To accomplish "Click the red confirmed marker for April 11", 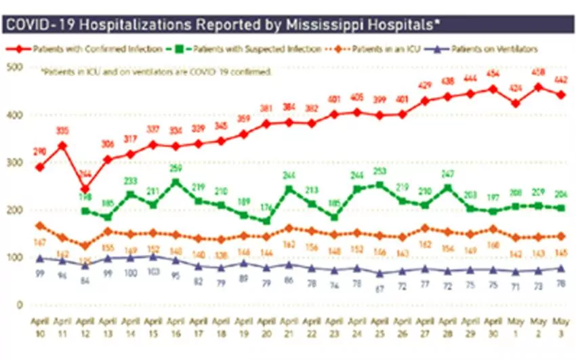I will coord(62,145).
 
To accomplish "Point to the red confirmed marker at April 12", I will coord(84,189).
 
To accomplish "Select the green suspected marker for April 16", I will coord(176,182).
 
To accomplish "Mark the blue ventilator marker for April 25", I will coord(379,273).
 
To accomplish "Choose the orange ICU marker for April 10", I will coord(39,225).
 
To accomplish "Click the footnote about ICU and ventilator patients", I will coord(156,70).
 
